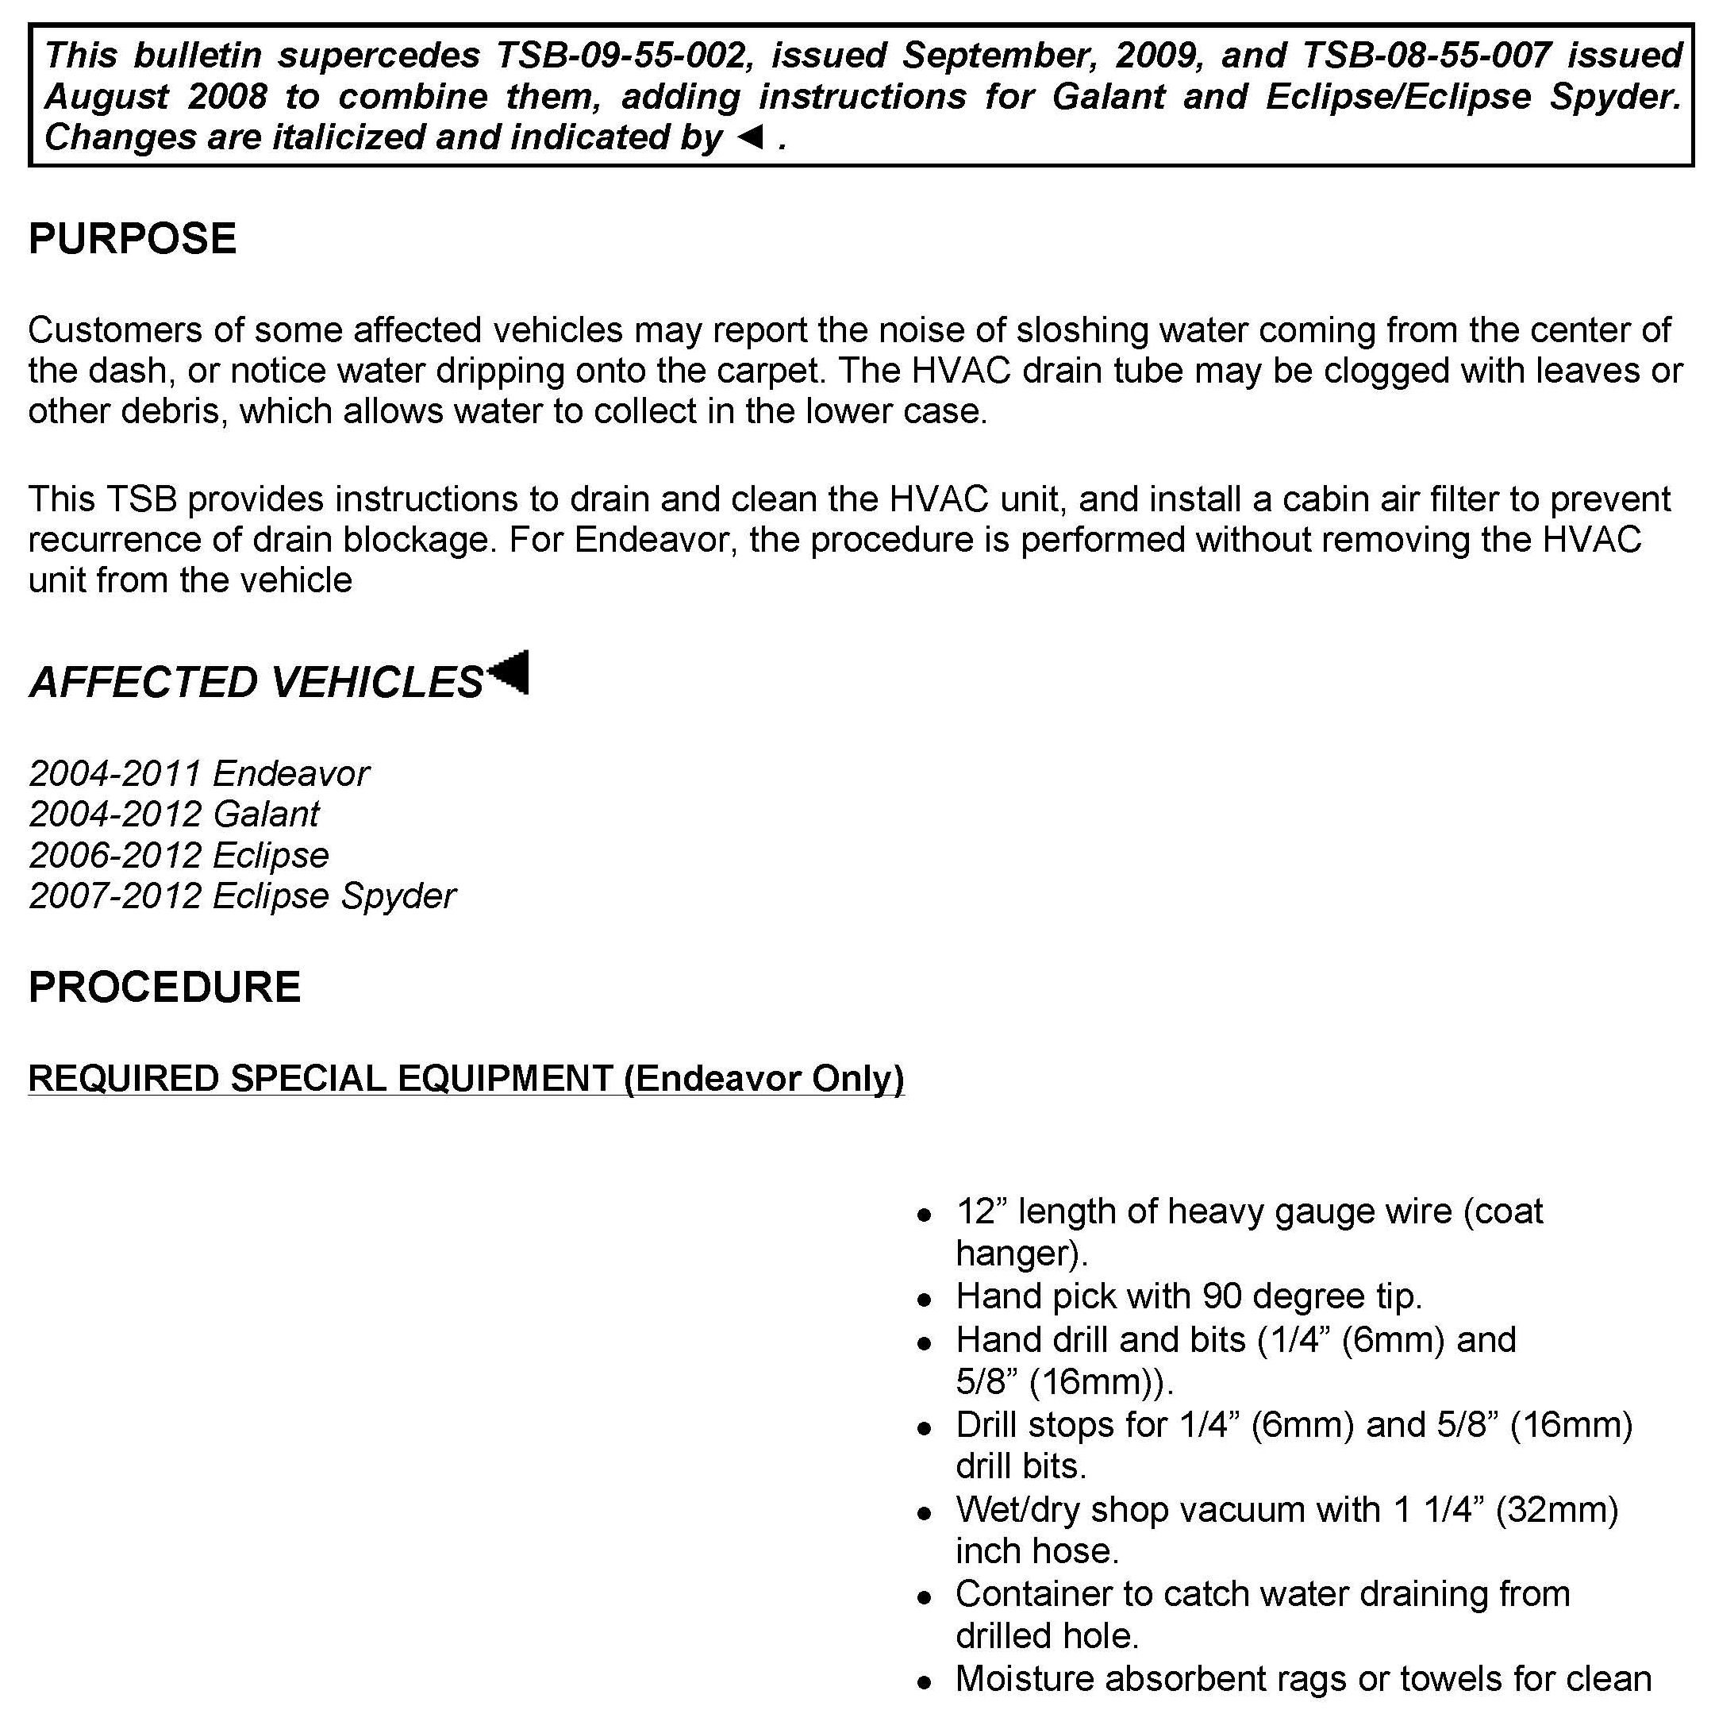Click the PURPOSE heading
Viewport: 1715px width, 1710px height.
[133, 239]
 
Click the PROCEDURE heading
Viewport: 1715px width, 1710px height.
[164, 988]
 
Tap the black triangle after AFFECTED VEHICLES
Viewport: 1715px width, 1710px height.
[510, 672]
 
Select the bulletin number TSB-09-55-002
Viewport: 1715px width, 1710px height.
[621, 56]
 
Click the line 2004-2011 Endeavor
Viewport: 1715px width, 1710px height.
[199, 773]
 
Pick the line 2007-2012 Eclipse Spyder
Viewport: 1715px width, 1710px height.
[242, 895]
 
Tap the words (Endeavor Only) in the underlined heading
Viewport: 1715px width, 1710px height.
[763, 1079]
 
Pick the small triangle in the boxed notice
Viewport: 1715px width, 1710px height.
[750, 137]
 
